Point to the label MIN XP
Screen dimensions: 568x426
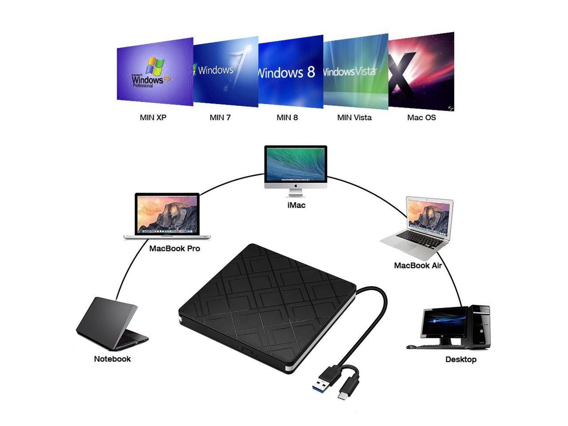tap(153, 118)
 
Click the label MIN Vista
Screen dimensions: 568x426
tap(354, 118)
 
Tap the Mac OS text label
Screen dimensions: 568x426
tap(421, 118)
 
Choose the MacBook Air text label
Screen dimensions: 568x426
tap(418, 265)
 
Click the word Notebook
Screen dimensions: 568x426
tap(112, 359)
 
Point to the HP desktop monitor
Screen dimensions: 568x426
tap(444, 324)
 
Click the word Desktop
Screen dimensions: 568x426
tap(461, 359)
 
